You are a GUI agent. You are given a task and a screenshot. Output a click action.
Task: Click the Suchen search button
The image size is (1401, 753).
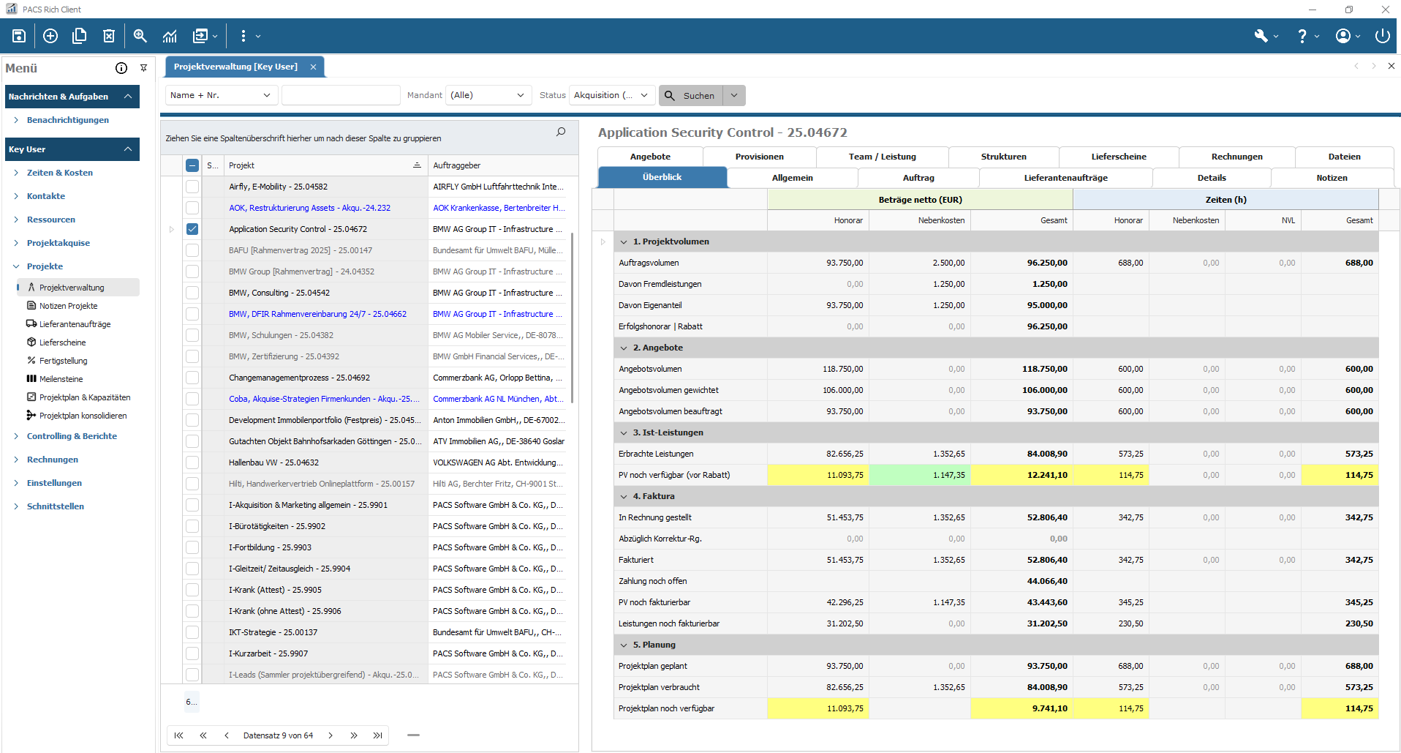[x=690, y=96]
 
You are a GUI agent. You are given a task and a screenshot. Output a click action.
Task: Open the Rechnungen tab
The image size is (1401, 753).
[x=1236, y=157]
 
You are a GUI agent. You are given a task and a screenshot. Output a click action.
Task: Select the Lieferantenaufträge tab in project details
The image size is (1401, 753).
[x=1065, y=178]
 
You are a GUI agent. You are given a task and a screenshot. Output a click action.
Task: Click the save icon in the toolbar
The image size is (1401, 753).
[x=19, y=36]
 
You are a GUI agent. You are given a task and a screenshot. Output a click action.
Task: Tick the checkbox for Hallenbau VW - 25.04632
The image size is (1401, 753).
[x=192, y=462]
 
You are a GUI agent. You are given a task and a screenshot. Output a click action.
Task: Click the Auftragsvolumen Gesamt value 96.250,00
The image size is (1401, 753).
[x=1046, y=263]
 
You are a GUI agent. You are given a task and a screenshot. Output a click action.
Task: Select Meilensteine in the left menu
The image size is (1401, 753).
[x=61, y=379]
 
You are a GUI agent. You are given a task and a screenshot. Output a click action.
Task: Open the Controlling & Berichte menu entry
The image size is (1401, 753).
[x=72, y=436]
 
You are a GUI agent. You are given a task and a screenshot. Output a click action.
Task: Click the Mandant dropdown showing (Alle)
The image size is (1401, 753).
[x=488, y=95]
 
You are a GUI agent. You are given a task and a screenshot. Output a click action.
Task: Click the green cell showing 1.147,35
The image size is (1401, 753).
[x=948, y=475]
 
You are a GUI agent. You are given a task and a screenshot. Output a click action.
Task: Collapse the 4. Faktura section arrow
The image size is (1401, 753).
[x=624, y=496]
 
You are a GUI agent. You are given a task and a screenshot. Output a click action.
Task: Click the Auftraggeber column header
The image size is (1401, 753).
[x=457, y=165]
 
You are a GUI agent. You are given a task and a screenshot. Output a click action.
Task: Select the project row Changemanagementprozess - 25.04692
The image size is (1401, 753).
[x=299, y=378]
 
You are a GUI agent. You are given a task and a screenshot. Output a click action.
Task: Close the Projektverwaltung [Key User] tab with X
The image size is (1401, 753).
[x=313, y=67]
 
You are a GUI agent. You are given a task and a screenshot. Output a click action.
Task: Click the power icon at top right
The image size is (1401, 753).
[x=1382, y=36]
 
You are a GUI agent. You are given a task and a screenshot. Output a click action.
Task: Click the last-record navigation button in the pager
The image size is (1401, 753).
[x=377, y=735]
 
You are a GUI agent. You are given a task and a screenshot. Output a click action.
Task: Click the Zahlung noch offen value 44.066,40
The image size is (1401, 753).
[x=1046, y=581]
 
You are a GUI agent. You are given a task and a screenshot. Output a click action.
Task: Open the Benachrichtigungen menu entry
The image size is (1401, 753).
[x=67, y=120]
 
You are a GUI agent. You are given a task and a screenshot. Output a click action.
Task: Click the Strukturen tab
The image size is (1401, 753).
[x=1003, y=157]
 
